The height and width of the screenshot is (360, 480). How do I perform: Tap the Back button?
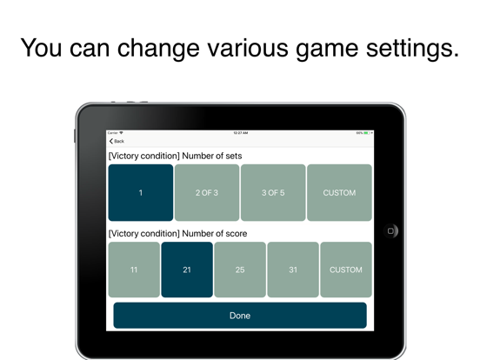[117, 141]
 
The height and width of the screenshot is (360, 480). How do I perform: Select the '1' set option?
[141, 193]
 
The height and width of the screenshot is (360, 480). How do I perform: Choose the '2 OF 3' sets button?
[207, 193]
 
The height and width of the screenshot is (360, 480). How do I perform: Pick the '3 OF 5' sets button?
[273, 193]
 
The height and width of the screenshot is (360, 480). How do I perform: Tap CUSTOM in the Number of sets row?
[339, 193]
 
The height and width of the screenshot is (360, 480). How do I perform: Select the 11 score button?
[134, 270]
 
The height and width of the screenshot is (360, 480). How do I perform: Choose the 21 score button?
[187, 270]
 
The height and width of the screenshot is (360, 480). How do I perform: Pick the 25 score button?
[240, 270]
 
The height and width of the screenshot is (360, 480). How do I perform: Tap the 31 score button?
[293, 270]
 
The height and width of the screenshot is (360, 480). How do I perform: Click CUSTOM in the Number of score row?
[346, 270]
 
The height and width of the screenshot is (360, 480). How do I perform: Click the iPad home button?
[391, 230]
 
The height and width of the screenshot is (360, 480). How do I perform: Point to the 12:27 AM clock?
[240, 133]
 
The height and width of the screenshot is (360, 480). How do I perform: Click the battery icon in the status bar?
[369, 133]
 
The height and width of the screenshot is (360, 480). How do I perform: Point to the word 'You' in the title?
[40, 47]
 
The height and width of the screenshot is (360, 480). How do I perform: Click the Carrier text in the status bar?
[113, 133]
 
